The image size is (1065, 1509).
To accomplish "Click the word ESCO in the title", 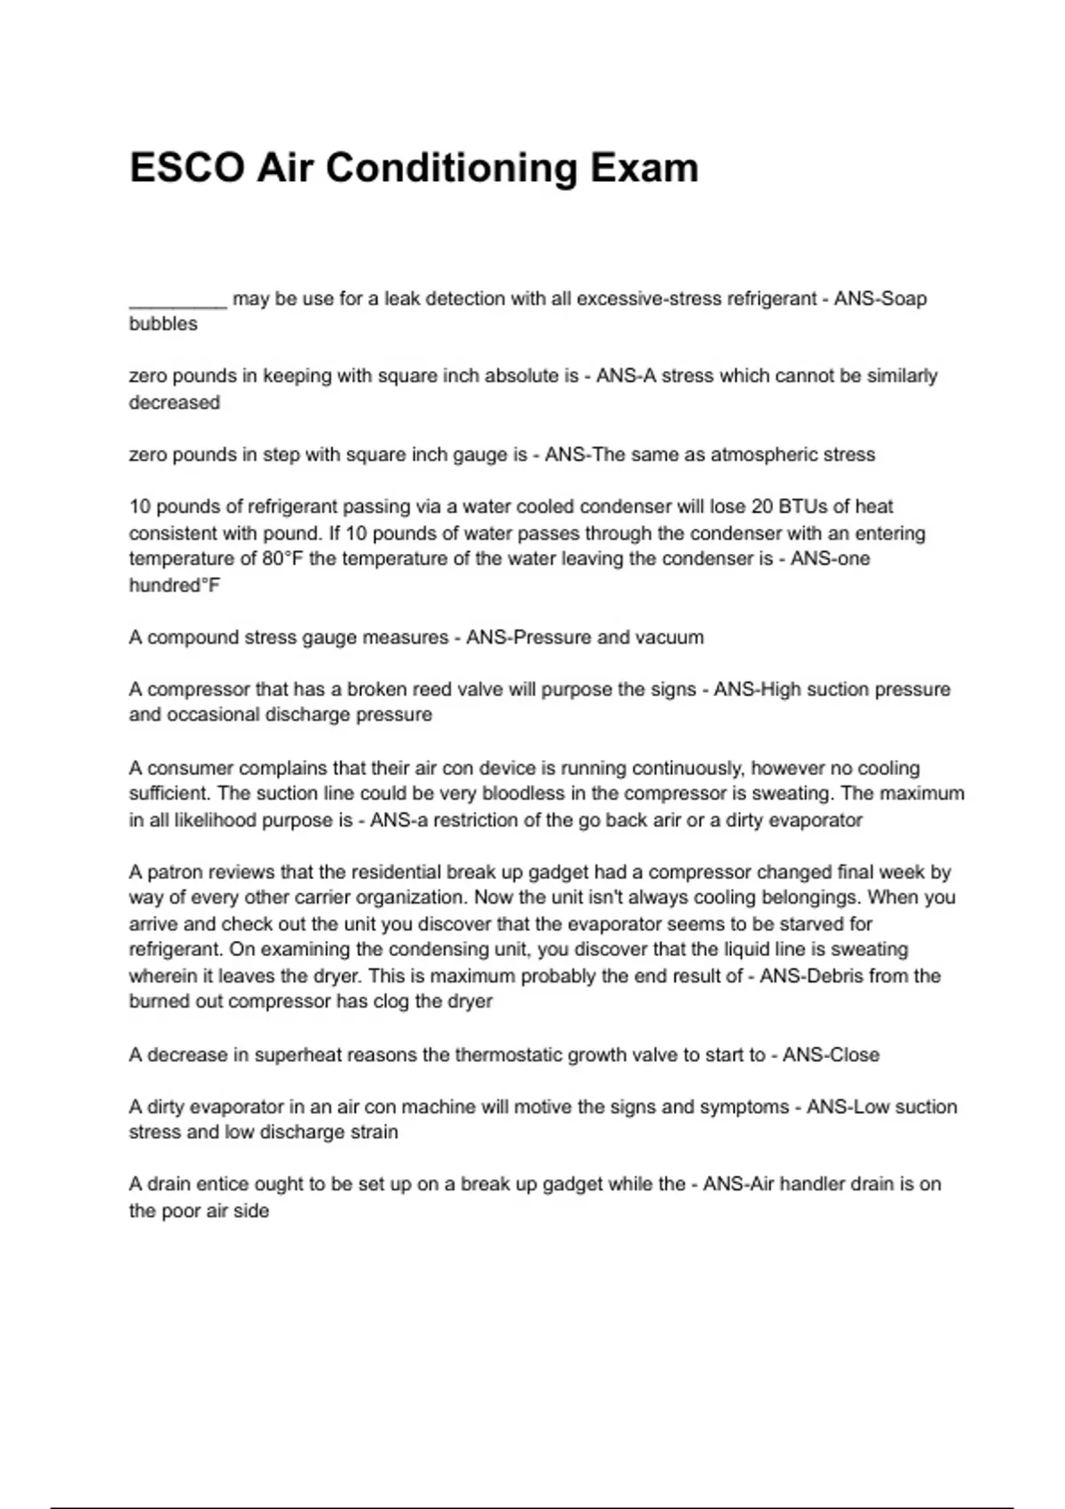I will pos(186,168).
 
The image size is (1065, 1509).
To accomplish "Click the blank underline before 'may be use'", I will pos(177,302).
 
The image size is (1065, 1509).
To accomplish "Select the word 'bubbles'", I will pos(163,324).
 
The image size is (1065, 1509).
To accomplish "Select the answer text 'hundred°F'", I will pos(174,585).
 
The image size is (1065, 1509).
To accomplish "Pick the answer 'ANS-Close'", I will pos(831,1055).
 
